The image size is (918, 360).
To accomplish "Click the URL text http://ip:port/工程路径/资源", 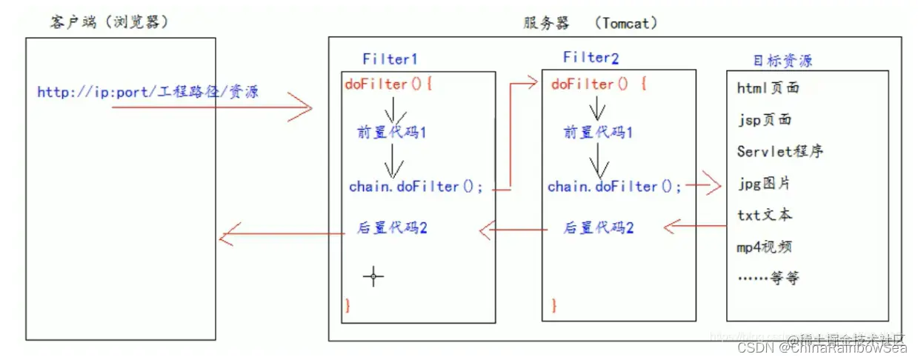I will coord(147,93).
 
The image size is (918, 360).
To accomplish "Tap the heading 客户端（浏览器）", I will coord(109,23).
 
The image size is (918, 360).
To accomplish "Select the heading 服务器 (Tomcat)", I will coord(590,23).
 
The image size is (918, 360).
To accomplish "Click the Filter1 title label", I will coord(390,59).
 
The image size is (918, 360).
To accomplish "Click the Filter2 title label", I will coord(591,57).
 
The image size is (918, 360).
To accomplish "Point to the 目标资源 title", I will coord(782,60).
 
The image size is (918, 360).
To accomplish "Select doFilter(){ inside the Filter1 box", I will coord(388,84).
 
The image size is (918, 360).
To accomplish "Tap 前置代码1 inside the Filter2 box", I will coord(598,133).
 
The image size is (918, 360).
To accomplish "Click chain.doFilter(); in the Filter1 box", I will coord(416,187).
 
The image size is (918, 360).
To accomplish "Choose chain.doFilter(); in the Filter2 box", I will coord(614,187).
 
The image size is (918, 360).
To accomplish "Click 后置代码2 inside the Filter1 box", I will coord(391,228).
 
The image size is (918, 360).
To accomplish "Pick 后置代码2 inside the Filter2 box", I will coord(598,228).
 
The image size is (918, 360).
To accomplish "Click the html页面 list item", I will coord(768,88).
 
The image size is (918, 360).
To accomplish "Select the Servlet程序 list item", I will coord(779,151).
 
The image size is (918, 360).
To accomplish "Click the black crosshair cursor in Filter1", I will coord(373,278).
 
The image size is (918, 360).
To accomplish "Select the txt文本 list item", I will coord(765,215).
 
